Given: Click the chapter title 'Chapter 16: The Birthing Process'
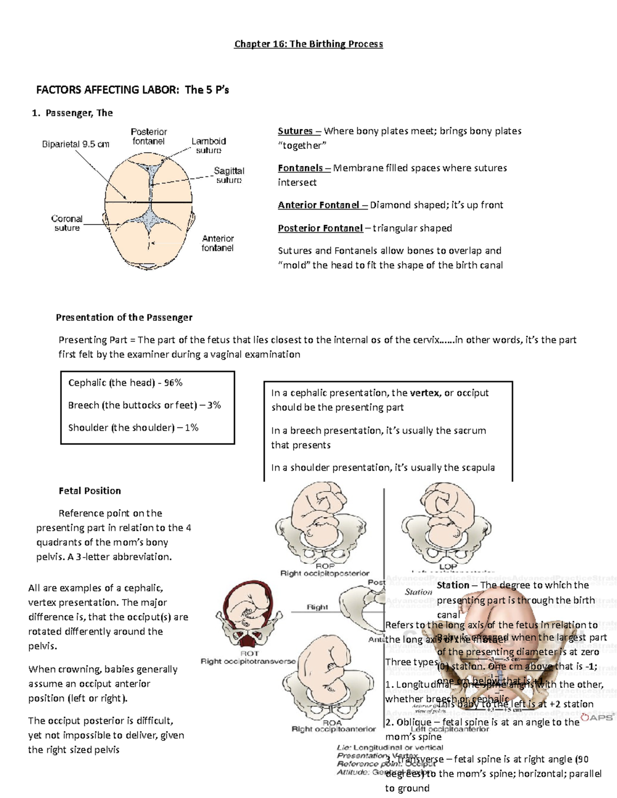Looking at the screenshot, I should click(x=308, y=44).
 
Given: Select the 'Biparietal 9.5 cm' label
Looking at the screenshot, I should click(x=76, y=144).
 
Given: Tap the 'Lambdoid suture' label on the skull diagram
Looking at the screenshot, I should click(x=209, y=145).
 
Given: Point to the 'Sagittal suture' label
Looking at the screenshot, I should click(x=229, y=175).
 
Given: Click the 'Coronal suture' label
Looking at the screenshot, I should click(x=67, y=223).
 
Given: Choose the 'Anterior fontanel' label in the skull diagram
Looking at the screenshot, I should click(x=217, y=243).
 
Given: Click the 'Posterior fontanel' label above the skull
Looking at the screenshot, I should click(x=149, y=137).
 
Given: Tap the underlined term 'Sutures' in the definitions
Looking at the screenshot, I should click(x=295, y=131).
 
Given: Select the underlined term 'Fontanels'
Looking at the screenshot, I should click(x=300, y=168).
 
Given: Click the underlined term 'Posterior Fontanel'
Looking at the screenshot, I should click(x=320, y=228).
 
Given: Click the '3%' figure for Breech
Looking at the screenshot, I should click(x=213, y=405).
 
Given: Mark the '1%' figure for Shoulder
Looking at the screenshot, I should click(x=191, y=428).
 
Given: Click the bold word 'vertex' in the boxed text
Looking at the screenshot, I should click(x=425, y=393).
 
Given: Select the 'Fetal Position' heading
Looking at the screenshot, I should click(x=90, y=491).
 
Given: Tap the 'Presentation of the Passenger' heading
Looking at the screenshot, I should click(x=124, y=318).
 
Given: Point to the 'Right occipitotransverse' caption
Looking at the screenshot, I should click(x=248, y=661).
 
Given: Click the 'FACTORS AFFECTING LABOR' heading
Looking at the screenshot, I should click(x=107, y=90).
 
